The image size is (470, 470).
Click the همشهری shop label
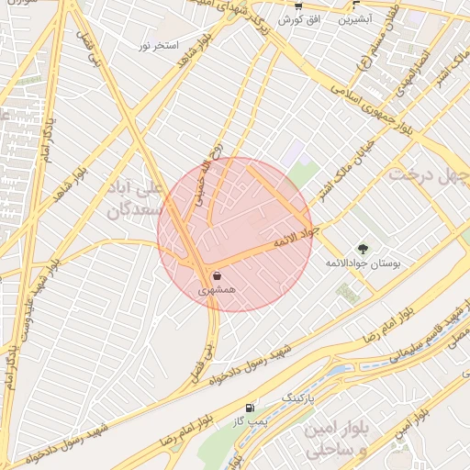pos(218,290)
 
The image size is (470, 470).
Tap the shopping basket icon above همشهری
pos(218,275)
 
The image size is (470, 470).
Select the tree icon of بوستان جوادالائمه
pos(364,249)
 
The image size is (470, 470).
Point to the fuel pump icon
pos(251,407)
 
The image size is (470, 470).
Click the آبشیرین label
pos(354,17)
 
